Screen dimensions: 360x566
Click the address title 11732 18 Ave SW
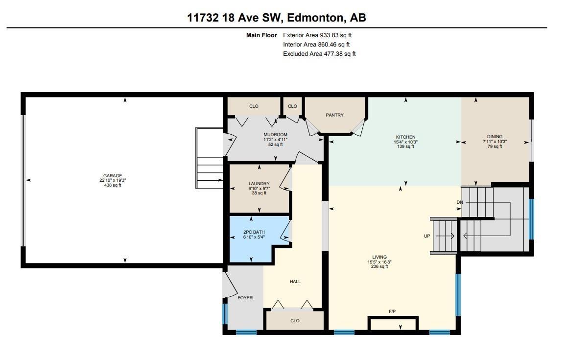277,18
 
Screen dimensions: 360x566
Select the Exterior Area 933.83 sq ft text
317,35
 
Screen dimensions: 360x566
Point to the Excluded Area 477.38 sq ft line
319,54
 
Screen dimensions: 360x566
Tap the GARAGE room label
113,176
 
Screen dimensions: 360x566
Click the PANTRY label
335,115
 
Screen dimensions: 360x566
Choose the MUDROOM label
275,135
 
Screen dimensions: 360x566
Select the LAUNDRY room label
259,184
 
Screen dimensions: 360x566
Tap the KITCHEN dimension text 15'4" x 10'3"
405,142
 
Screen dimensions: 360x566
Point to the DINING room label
495,137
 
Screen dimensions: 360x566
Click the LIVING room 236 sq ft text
379,266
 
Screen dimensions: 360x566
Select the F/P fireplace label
392,311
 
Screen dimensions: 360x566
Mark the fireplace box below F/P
393,324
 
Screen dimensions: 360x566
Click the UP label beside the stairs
427,236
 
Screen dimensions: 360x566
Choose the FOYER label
245,298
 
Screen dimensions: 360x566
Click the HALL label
295,282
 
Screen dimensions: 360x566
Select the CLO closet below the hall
295,321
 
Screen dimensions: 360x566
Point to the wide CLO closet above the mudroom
254,106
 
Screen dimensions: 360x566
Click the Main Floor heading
261,35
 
